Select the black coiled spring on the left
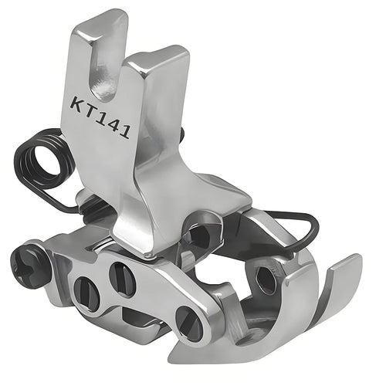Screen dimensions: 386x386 (x=39, y=166)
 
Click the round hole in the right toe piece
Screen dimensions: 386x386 (x=266, y=280)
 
